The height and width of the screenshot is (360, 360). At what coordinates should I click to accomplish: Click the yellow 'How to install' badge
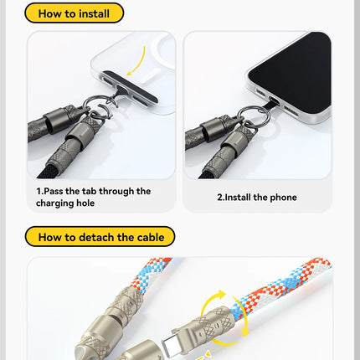click(x=74, y=13)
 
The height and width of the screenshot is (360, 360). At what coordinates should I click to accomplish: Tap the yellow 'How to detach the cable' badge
click(x=100, y=237)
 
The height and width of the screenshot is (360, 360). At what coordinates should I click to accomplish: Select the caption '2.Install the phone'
click(x=257, y=198)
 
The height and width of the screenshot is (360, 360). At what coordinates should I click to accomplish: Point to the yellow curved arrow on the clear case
click(x=140, y=63)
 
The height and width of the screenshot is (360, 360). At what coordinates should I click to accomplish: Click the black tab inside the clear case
click(x=130, y=86)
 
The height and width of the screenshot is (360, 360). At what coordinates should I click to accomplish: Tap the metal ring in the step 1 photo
click(x=103, y=105)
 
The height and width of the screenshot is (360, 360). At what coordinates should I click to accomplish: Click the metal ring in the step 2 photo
click(x=254, y=116)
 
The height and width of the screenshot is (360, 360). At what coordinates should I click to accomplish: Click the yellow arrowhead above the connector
click(x=221, y=295)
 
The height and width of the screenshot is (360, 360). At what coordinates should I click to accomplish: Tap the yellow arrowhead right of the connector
click(x=245, y=332)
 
